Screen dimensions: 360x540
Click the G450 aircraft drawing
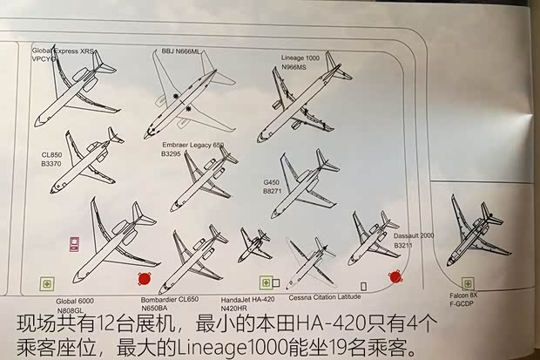click(x=303, y=186)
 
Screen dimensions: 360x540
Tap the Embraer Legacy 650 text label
click(x=192, y=144)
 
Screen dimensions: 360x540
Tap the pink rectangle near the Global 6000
click(x=75, y=244)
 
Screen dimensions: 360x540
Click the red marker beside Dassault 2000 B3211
click(x=395, y=275)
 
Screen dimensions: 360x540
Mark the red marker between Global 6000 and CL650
click(x=144, y=279)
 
